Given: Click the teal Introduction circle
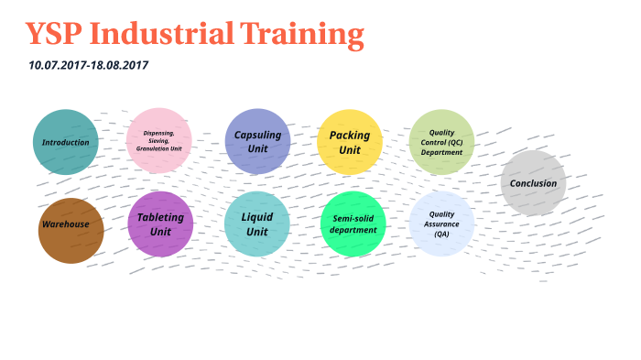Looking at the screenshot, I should coord(66,142).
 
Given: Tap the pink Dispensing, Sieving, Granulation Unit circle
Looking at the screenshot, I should coord(159,140).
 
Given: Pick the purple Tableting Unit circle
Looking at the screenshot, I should coord(160,224).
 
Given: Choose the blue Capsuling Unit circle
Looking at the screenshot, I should coord(257,141).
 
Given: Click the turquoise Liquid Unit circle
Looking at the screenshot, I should coord(257,224).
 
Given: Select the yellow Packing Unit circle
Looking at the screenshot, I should coord(350,142).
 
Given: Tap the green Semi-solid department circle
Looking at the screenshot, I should coord(353,224).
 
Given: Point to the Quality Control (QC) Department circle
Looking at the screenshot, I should coord(441,142).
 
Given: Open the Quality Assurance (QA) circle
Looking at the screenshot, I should coord(441,224).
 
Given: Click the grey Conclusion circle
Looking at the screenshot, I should coord(533,183).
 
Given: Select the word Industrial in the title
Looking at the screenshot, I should coord(162,35).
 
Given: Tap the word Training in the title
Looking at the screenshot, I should coord(302,35).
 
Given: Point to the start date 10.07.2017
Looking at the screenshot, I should coord(57,66).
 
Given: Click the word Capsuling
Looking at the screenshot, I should coord(257,135).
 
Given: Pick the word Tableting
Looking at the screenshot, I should coord(160,217).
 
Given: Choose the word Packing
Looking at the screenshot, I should coord(350,136).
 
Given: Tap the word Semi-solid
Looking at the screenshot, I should coord(353,218).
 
